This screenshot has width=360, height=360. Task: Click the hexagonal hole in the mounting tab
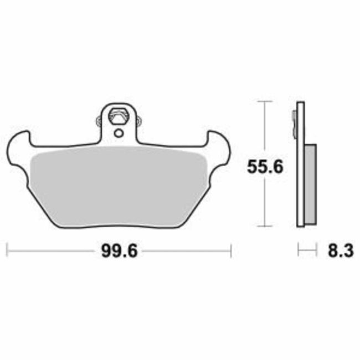[118, 117]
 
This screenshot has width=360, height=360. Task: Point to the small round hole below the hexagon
[118, 132]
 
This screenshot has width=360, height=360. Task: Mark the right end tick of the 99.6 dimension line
[231, 250]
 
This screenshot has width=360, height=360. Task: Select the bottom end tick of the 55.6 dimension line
[265, 227]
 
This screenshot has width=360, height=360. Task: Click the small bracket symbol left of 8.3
[304, 250]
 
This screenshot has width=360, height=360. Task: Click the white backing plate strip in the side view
[301, 166]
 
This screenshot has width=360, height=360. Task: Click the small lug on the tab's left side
[99, 119]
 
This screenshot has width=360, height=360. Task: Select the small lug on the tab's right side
[138, 119]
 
